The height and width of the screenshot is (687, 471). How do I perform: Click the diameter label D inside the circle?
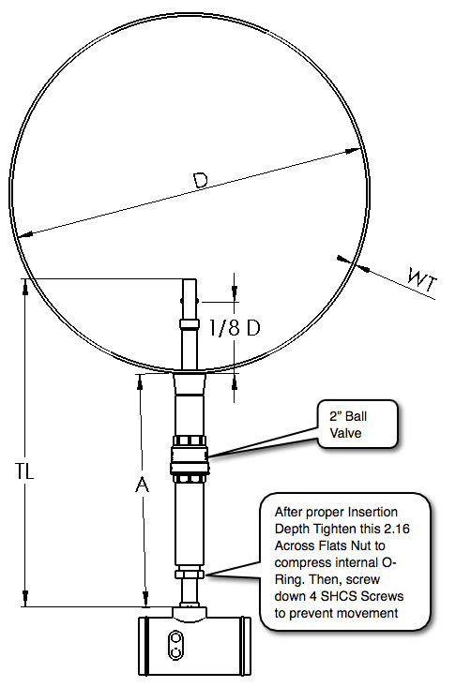point(200,180)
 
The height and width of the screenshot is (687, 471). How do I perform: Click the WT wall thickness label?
point(422,280)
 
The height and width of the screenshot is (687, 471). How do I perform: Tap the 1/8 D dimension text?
point(235,327)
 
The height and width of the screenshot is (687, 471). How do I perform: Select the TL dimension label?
point(24,471)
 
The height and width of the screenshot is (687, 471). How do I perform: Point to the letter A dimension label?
point(142,485)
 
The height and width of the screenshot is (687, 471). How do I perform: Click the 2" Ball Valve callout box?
point(357,425)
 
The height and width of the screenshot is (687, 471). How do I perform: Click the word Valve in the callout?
point(345,433)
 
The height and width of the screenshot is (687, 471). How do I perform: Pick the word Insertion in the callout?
point(372,512)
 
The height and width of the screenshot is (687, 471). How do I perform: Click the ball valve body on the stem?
point(190,459)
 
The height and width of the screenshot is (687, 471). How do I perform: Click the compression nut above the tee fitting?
point(190,573)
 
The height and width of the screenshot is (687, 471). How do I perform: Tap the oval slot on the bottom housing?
point(175,645)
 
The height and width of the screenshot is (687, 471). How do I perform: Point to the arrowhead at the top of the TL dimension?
point(25,286)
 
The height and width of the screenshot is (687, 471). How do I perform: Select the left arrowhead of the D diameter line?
point(26,234)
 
